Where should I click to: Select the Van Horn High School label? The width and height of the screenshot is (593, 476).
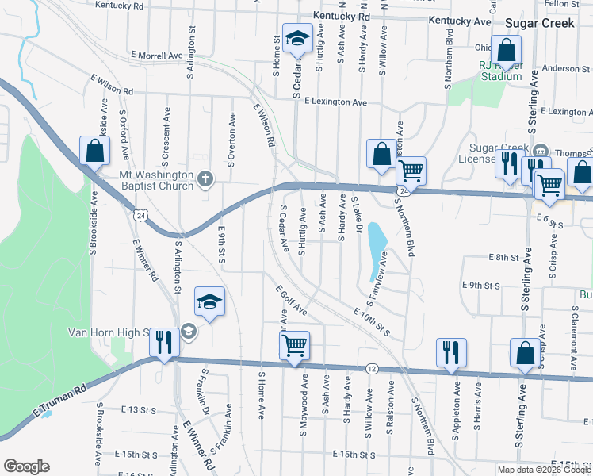(x=109, y=332)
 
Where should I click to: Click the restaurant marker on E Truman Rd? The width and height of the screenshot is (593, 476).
(x=164, y=343)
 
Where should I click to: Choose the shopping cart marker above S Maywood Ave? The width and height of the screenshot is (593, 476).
(x=294, y=345)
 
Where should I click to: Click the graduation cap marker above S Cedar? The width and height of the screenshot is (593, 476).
(x=298, y=39)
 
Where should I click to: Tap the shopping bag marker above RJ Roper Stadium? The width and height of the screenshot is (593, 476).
(x=505, y=50)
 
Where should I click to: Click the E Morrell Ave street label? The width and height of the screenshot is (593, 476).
(x=157, y=56)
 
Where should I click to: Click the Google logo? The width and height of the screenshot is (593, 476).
(x=26, y=466)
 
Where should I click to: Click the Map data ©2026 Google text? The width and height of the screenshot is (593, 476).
(x=543, y=470)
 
